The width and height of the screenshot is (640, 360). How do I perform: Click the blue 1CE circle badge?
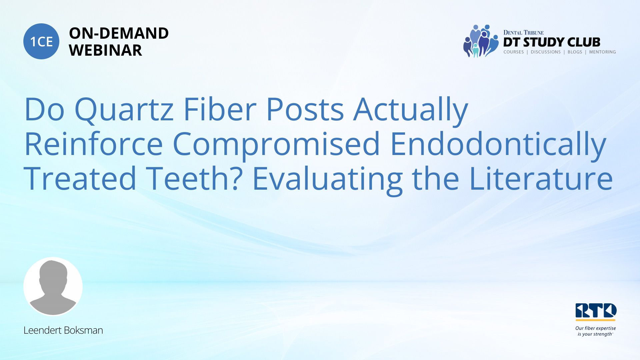click(41, 41)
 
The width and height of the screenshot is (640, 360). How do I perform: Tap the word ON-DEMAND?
click(119, 33)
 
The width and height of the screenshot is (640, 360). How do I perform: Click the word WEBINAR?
click(105, 50)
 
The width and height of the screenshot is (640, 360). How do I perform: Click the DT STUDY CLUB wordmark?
click(552, 42)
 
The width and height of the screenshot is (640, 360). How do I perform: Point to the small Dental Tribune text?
click(523, 33)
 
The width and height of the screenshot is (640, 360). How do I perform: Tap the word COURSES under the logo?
click(514, 52)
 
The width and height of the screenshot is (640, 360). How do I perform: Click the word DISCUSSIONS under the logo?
click(546, 52)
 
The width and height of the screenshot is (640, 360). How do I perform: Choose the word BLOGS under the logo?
click(575, 52)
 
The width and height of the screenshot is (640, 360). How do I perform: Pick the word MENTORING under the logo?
click(602, 52)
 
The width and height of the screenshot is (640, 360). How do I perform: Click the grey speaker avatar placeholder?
click(53, 286)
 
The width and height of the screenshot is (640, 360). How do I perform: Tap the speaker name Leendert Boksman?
click(63, 330)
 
